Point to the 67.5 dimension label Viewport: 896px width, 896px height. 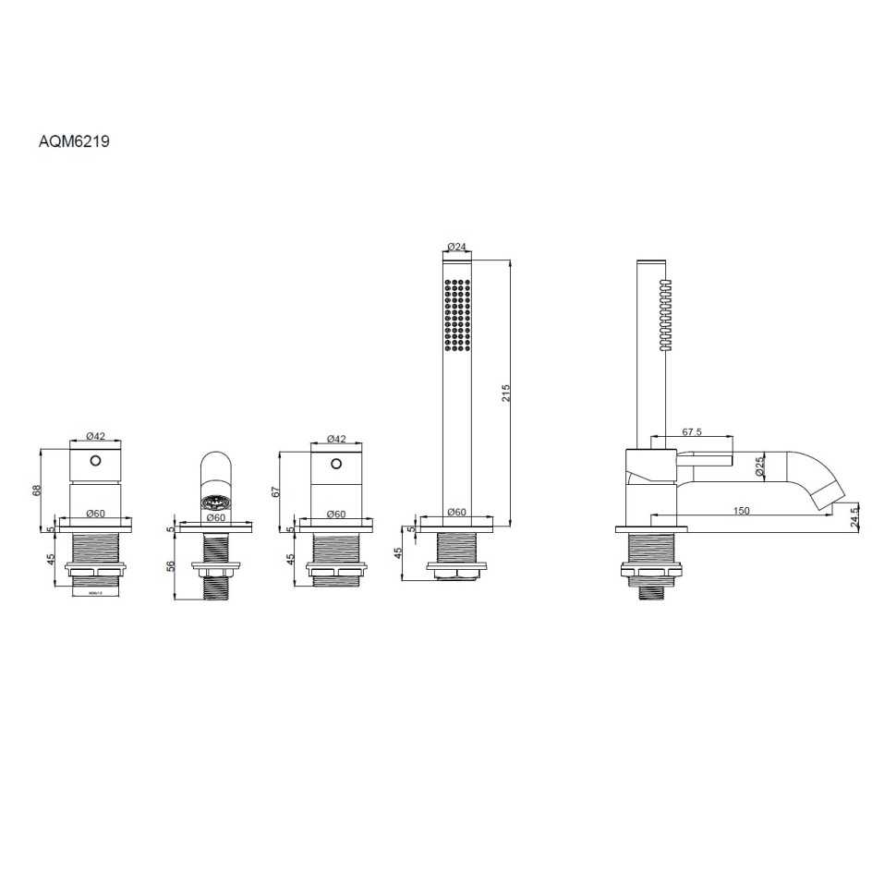(x=693, y=431)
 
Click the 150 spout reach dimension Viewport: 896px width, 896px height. (x=741, y=510)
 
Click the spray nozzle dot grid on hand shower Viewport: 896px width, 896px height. (x=457, y=315)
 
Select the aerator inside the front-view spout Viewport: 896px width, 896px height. (x=217, y=503)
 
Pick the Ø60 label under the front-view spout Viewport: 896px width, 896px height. (x=215, y=517)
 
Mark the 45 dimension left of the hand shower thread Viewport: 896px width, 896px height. (x=399, y=555)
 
